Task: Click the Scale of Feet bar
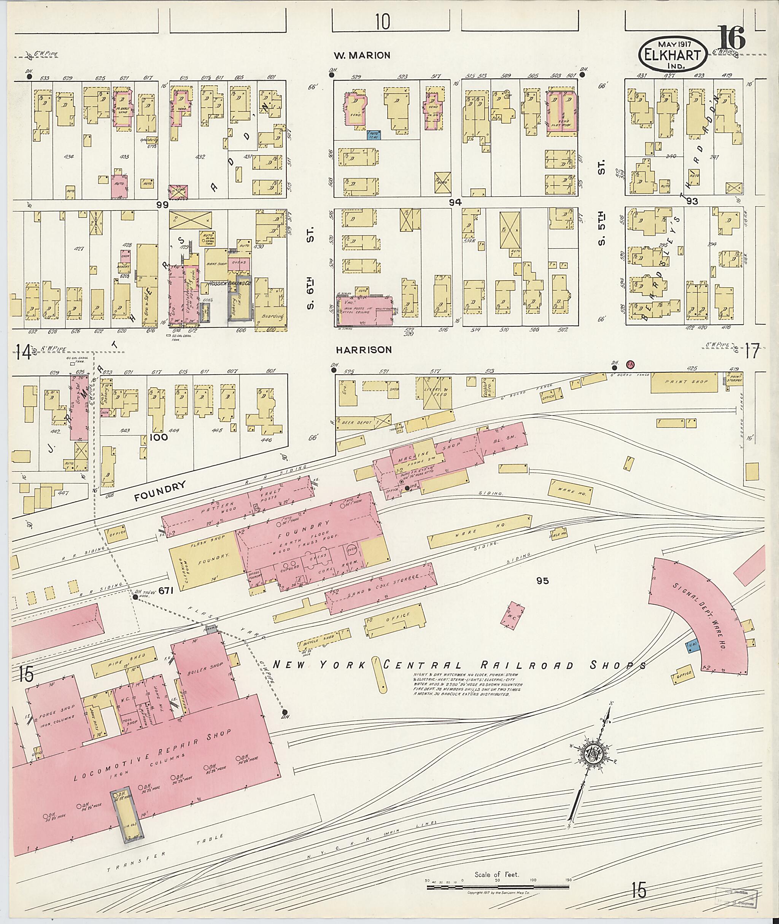pos(497,886)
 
